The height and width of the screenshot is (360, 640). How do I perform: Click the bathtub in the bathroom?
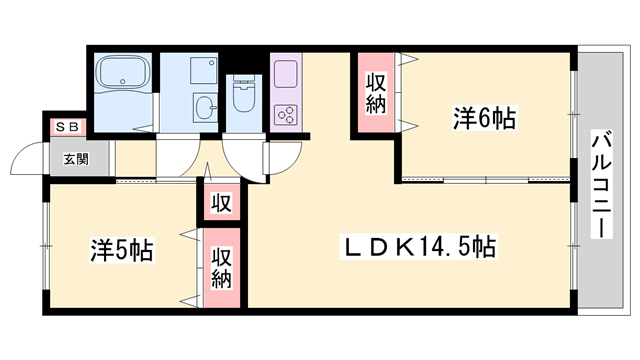coord(122,74)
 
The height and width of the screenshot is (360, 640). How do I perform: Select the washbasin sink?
coord(204,108)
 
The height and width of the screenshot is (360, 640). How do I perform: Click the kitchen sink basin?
coord(285,75)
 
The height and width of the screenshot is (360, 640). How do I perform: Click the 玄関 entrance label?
coord(76,158)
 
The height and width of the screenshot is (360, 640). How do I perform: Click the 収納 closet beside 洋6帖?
coord(375,92)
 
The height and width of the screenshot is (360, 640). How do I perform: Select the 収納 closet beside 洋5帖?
coord(221,267)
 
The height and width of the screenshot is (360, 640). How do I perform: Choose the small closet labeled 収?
coord(221,204)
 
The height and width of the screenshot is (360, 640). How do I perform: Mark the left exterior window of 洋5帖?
coord(44,245)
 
